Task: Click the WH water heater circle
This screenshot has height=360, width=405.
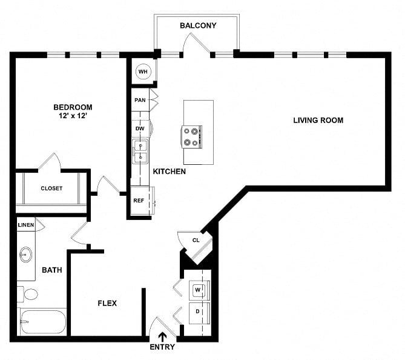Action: [143, 72]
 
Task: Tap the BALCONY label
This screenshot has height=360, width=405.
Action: [198, 25]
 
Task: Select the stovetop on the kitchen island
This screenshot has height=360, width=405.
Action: [191, 137]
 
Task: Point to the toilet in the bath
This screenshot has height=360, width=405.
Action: [28, 294]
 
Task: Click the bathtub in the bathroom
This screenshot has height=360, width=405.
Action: [43, 322]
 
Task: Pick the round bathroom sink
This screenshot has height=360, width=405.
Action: [25, 255]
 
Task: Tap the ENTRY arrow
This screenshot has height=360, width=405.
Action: [162, 338]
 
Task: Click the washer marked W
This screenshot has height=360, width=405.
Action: [199, 290]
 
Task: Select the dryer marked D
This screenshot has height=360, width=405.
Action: [199, 313]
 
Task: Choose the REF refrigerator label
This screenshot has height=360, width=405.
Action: [139, 201]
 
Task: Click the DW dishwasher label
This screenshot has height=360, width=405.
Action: [140, 128]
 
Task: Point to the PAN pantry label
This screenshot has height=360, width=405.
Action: [140, 100]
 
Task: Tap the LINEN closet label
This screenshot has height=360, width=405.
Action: [26, 225]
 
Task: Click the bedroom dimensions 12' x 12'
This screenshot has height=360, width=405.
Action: [73, 116]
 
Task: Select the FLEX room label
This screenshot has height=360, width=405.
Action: [107, 303]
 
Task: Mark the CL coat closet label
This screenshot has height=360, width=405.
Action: [196, 240]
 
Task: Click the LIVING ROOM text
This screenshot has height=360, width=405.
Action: [318, 120]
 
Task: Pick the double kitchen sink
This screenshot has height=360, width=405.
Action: [140, 152]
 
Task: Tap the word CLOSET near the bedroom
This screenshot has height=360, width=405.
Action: [51, 188]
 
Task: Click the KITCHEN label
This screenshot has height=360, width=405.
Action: [169, 172]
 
